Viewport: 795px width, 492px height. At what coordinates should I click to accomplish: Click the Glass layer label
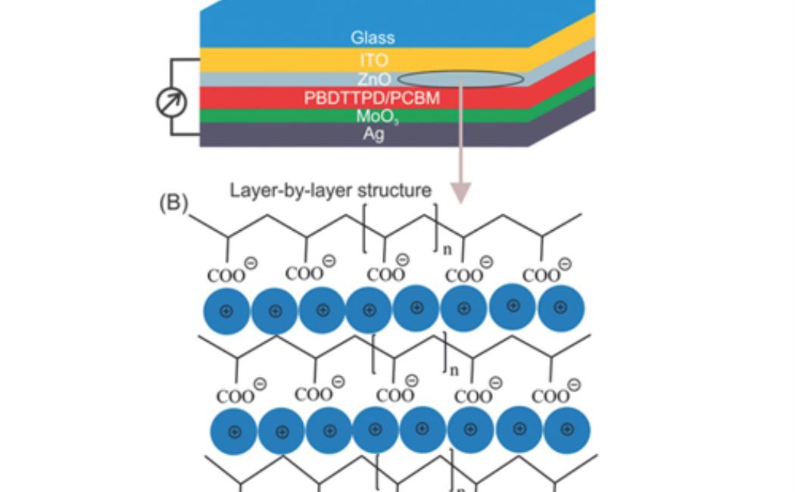[x=373, y=37]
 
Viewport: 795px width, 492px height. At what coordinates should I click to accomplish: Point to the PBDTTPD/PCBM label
[x=372, y=98]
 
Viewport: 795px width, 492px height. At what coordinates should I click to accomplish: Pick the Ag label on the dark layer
[x=373, y=135]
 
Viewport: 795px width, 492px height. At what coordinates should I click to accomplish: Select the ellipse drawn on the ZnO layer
[x=460, y=79]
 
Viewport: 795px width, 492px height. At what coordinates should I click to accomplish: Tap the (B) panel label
[x=174, y=205]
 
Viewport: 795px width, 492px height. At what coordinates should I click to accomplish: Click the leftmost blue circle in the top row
[x=226, y=310]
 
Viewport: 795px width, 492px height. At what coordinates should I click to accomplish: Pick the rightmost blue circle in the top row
[x=560, y=307]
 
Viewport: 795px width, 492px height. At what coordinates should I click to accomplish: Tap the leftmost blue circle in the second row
[x=234, y=431]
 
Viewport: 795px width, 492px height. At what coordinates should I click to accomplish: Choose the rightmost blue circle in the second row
[x=567, y=429]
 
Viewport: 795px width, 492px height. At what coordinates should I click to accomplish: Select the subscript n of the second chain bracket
[x=454, y=370]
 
